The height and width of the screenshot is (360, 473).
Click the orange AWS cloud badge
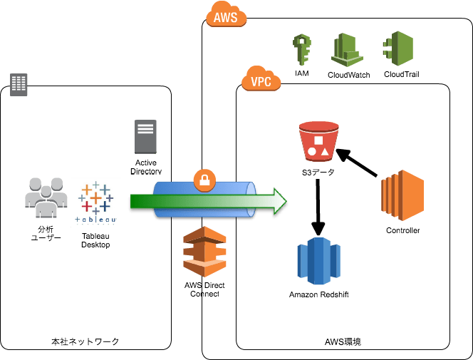point(225,15)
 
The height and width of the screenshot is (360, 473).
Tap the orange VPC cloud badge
point(260,80)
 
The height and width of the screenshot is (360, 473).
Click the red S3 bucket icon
point(318,140)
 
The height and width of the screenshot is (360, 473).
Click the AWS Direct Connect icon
point(204,251)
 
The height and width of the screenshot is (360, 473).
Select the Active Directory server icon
point(146,137)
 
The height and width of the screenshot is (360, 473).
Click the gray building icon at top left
point(19,84)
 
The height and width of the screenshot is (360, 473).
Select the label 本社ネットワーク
point(85,342)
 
